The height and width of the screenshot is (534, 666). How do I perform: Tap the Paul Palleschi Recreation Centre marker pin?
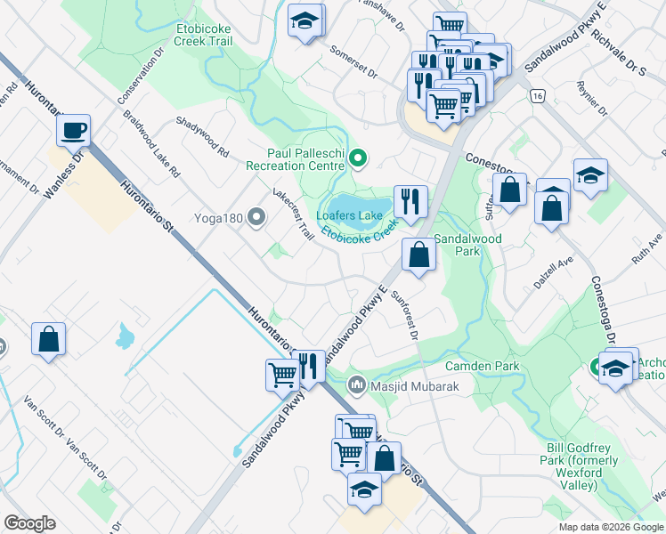point(358,159)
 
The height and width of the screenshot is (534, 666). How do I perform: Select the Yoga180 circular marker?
point(257,216)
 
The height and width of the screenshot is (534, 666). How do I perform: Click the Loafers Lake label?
point(349,214)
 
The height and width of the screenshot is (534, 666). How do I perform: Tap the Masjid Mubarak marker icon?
point(357,384)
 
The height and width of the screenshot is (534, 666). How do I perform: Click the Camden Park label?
point(483,366)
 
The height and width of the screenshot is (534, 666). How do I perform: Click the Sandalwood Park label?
point(468,245)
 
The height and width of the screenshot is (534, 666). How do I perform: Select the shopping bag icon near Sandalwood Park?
point(418,255)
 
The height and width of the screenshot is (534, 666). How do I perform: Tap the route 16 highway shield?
point(536,95)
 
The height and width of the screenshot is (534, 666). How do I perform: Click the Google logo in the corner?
point(29,523)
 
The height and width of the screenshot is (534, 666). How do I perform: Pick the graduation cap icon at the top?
point(306,21)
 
